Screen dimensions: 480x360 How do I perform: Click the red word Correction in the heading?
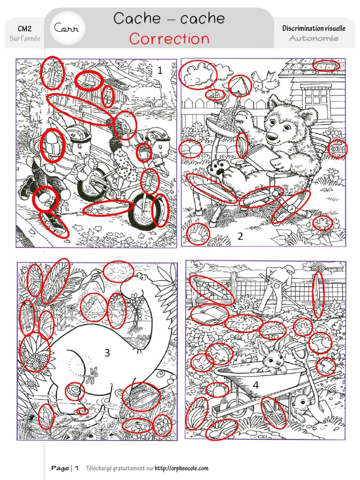pyautogui.click(x=169, y=38)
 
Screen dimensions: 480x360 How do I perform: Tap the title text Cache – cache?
pyautogui.click(x=169, y=18)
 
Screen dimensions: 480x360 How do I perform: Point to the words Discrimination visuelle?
pyautogui.click(x=314, y=29)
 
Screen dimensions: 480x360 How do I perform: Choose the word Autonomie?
pyautogui.click(x=314, y=38)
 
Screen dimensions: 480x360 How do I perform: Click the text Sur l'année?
pyautogui.click(x=25, y=38)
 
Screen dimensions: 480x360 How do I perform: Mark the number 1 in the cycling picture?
pyautogui.click(x=160, y=71)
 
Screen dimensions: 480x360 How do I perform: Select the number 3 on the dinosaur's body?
pyautogui.click(x=107, y=352)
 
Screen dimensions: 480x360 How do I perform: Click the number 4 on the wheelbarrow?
pyautogui.click(x=255, y=385)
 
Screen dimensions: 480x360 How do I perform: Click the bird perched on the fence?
pyautogui.click(x=265, y=82)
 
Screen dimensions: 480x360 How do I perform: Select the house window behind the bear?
pyautogui.click(x=316, y=98)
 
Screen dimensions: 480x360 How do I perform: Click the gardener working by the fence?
pyautogui.click(x=277, y=286)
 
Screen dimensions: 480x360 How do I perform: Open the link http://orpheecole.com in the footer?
pyautogui.click(x=181, y=468)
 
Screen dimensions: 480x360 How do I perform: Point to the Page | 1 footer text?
pyautogui.click(x=65, y=468)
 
